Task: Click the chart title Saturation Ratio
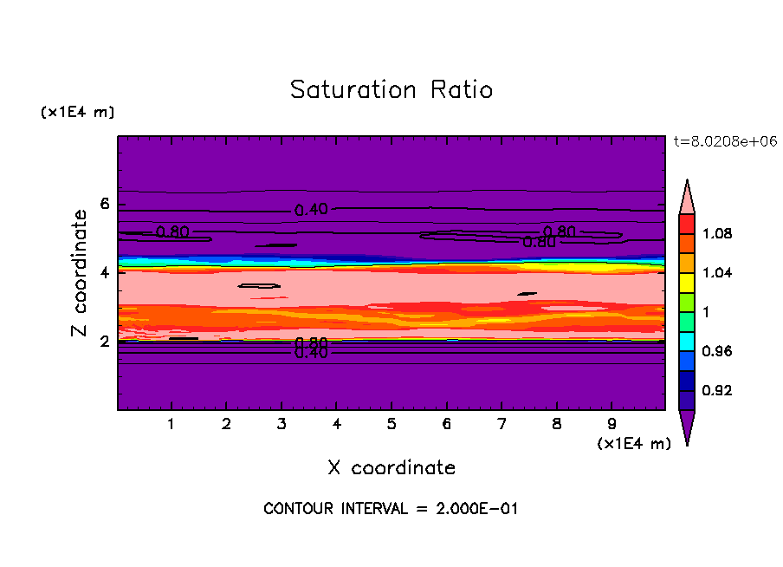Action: (x=391, y=90)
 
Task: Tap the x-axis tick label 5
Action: (x=391, y=425)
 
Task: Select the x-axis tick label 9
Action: (x=612, y=425)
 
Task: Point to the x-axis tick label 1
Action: (x=171, y=425)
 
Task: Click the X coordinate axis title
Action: (x=391, y=468)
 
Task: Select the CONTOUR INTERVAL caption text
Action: (x=391, y=509)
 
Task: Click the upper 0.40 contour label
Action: (x=311, y=210)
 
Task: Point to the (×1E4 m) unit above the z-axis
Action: (x=77, y=113)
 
